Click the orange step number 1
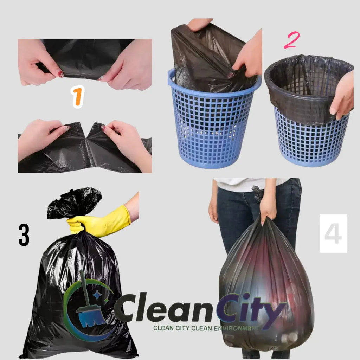coord(78,97)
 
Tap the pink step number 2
coord(291,41)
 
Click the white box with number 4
coord(333,233)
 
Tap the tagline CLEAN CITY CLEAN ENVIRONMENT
coord(206,328)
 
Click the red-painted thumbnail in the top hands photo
coord(61,74)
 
